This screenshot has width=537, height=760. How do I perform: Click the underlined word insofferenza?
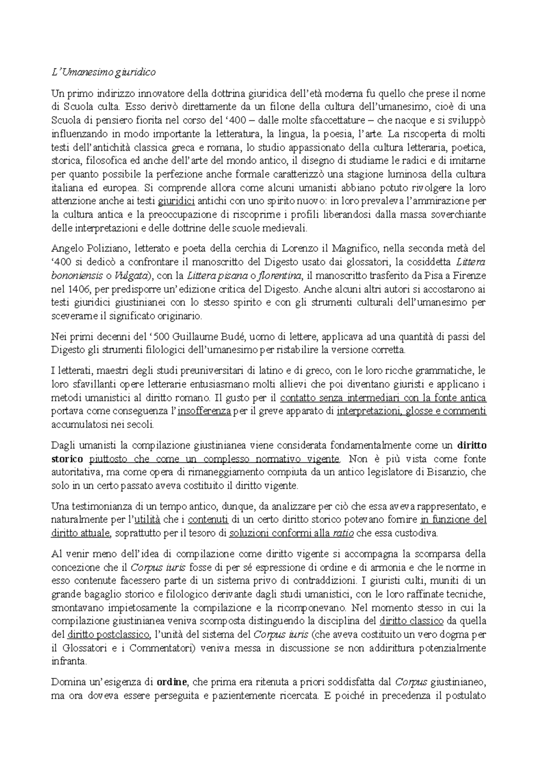click(x=204, y=411)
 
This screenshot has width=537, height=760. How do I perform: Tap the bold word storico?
click(x=67, y=459)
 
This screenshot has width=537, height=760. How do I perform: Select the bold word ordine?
click(x=172, y=683)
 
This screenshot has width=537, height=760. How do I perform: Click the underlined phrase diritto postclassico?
click(x=108, y=635)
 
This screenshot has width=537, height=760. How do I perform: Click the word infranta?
click(x=67, y=662)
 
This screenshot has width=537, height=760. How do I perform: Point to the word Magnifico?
click(x=352, y=248)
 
